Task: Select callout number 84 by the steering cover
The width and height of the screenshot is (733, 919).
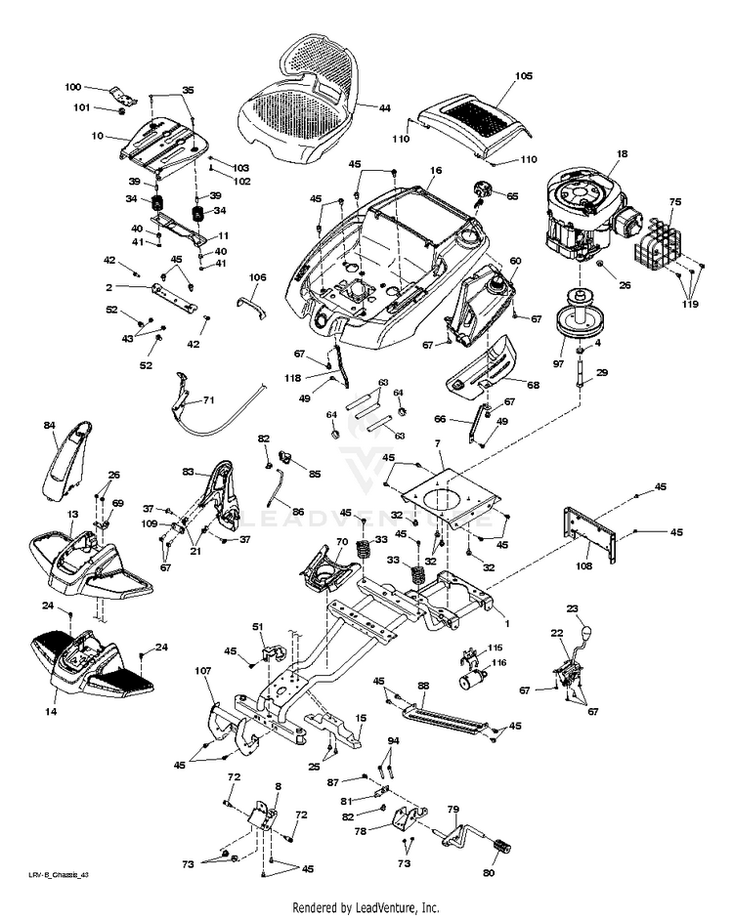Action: (50, 426)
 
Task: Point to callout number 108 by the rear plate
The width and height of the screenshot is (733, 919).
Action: (584, 564)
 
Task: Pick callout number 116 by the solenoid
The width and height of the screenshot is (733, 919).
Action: (499, 662)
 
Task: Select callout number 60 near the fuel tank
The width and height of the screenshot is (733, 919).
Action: (515, 261)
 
